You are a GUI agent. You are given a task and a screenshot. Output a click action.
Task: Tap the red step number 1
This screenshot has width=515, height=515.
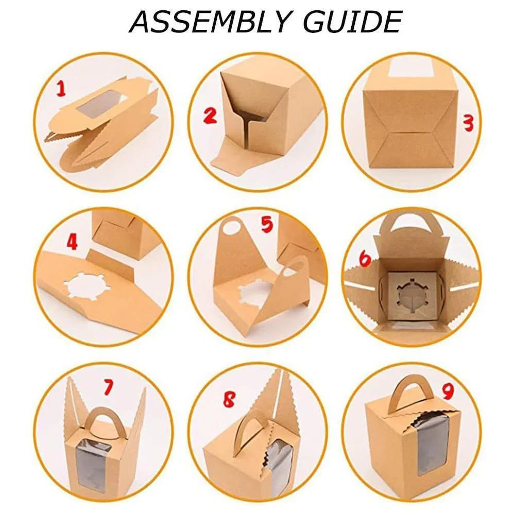point(61,89)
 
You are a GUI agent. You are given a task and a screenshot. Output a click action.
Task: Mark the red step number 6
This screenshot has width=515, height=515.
point(365,259)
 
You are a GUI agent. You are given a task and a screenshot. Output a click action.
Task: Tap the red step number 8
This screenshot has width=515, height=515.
point(229,399)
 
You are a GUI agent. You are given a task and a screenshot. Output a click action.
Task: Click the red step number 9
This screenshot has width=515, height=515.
point(448,390)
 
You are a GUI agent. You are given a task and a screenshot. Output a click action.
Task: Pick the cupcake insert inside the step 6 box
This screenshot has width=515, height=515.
point(411,293)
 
